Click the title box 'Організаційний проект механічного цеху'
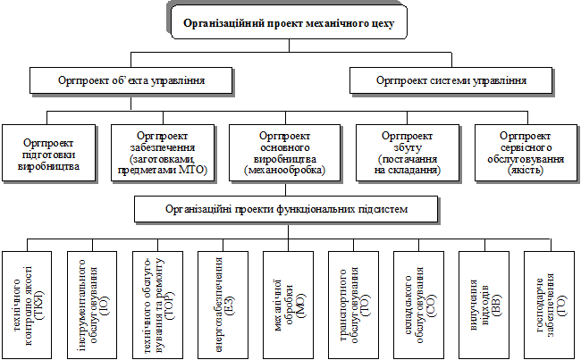pyautogui.click(x=288, y=21)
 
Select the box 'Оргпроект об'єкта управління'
pyautogui.click(x=132, y=80)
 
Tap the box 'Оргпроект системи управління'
pyautogui.click(x=450, y=80)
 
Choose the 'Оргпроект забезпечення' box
pyautogui.click(x=162, y=151)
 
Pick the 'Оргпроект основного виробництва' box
pyautogui.click(x=284, y=151)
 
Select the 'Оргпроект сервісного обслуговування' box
pyautogui.click(x=523, y=151)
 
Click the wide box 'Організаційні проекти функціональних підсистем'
pyautogui.click(x=286, y=209)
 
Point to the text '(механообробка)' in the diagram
pyautogui.click(x=284, y=169)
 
